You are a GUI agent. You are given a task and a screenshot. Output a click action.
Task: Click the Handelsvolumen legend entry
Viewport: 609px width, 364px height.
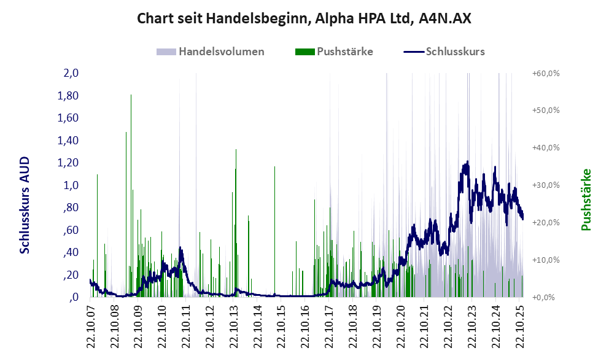[221, 52]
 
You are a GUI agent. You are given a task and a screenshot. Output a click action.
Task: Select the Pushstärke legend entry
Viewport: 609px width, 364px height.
[344, 52]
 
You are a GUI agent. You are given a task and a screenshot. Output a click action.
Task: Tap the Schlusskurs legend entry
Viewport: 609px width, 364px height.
[455, 52]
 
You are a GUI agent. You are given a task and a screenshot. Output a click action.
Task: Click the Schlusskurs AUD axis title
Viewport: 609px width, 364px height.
[25, 205]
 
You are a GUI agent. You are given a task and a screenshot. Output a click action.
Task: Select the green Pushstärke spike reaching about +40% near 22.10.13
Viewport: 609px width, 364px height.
[236, 151]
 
